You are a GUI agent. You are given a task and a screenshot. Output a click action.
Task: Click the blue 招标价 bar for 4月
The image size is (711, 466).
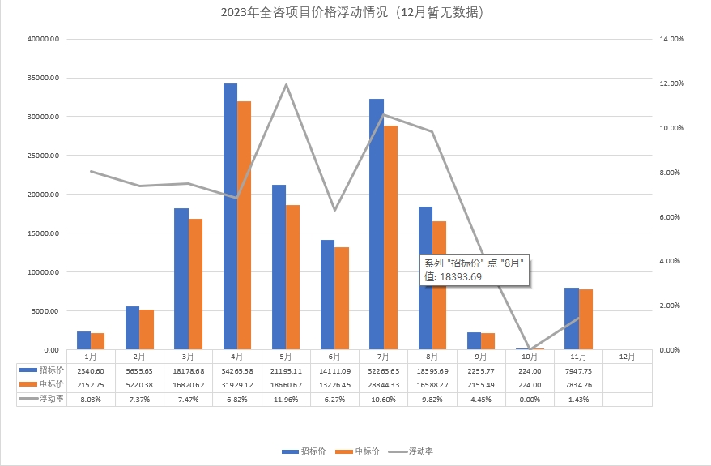(230, 216)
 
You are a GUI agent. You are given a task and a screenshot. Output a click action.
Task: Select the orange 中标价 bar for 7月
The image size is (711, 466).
(390, 237)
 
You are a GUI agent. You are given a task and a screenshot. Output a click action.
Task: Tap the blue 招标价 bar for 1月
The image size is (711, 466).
(83, 340)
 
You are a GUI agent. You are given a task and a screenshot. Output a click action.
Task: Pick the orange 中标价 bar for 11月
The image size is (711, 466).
(585, 319)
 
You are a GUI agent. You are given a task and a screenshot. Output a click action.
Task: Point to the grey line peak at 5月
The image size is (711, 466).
(286, 84)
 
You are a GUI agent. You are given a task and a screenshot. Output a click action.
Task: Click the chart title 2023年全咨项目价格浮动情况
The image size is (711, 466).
(355, 12)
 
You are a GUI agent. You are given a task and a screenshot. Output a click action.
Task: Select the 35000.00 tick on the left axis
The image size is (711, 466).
(42, 78)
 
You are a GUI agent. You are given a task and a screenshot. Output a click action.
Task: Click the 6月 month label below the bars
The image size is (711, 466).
(334, 356)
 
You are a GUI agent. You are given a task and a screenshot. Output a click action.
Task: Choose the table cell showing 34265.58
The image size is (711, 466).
(236, 370)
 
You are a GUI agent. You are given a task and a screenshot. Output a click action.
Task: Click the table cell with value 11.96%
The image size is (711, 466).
(285, 399)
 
